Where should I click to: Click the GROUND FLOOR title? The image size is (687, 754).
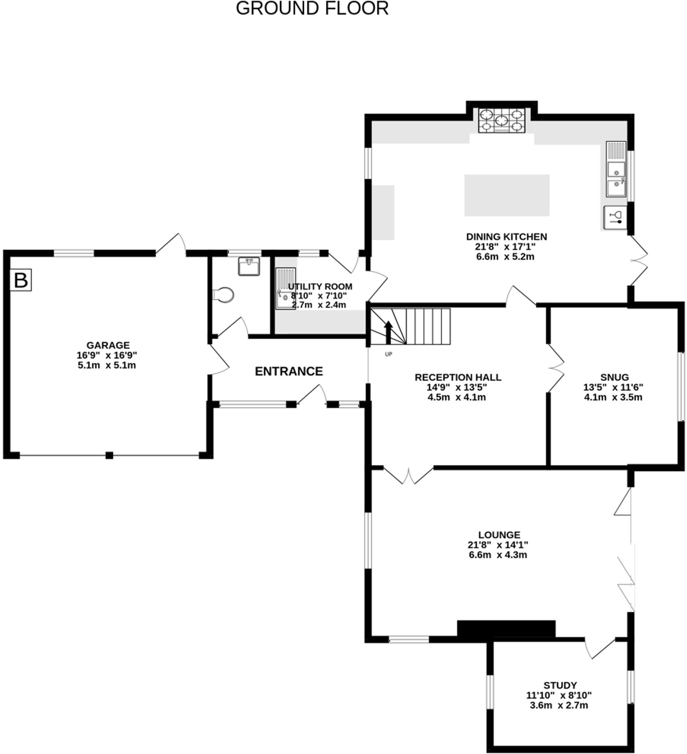pyautogui.click(x=312, y=8)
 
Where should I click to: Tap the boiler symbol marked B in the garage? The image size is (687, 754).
pyautogui.click(x=21, y=280)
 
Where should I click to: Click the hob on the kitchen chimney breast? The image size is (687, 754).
pyautogui.click(x=502, y=121)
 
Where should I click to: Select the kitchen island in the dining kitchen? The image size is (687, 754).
pyautogui.click(x=506, y=195)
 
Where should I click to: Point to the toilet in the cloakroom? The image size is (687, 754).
pyautogui.click(x=224, y=295)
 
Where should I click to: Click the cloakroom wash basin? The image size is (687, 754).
pyautogui.click(x=249, y=266)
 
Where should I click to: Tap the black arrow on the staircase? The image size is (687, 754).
pyautogui.click(x=388, y=331)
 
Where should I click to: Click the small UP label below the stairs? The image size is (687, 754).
pyautogui.click(x=388, y=354)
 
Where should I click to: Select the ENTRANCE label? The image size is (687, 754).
pyautogui.click(x=288, y=371)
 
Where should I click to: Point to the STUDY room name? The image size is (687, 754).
pyautogui.click(x=560, y=685)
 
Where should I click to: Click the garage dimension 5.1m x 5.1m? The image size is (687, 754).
pyautogui.click(x=107, y=365)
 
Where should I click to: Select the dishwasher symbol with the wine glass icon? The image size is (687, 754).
pyautogui.click(x=615, y=217)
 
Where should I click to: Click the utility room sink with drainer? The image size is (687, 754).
pyautogui.click(x=286, y=288)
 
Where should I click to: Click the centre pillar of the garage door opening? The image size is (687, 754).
pyautogui.click(x=109, y=455)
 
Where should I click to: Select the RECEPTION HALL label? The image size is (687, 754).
pyautogui.click(x=458, y=377)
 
